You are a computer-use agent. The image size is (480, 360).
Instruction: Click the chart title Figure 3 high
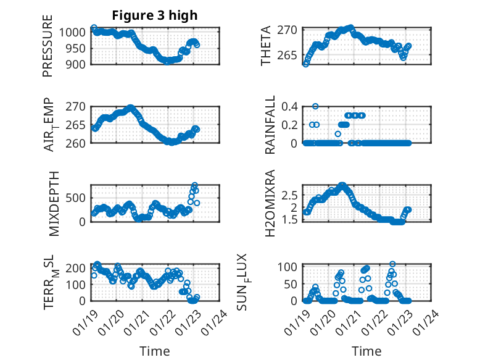[x=155, y=15]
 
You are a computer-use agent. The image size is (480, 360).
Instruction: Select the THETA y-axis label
[x=266, y=46]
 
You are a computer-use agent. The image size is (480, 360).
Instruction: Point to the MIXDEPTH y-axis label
[x=53, y=203]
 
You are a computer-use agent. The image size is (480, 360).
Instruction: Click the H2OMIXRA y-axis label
[x=270, y=204]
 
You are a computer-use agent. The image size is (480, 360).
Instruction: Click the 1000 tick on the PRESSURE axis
[x=75, y=32]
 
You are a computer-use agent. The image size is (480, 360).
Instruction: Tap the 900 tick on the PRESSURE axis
[x=78, y=64]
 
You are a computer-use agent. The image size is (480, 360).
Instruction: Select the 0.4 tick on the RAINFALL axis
[x=290, y=106]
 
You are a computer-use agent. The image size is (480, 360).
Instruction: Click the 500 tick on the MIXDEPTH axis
[x=78, y=198]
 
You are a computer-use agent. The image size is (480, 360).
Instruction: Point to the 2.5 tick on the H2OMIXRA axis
[x=290, y=195]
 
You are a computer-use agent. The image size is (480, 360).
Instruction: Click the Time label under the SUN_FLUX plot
[x=366, y=351]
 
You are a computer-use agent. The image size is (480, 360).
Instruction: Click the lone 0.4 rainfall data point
[x=315, y=106]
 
